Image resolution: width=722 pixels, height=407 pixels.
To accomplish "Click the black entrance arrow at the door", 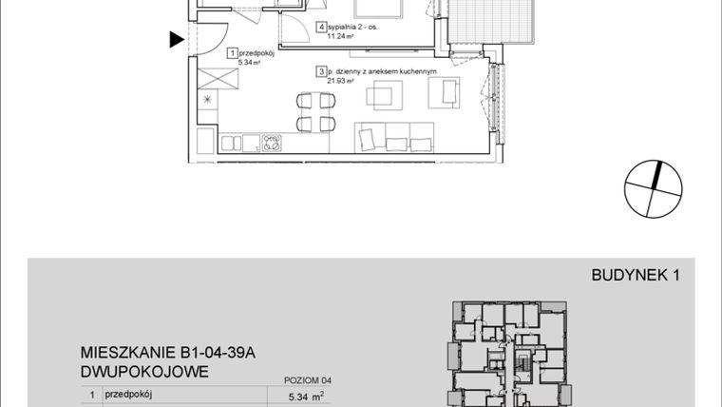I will click(176, 40).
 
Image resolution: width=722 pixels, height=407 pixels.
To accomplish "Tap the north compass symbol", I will click(654, 188).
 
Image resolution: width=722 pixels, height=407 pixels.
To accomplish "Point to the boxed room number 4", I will click(322, 28).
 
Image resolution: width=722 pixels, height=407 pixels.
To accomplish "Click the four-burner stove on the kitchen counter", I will click(273, 144).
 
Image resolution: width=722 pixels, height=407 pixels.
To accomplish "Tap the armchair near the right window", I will click(444, 92).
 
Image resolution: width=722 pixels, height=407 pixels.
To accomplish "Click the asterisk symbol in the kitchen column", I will click(209, 100).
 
